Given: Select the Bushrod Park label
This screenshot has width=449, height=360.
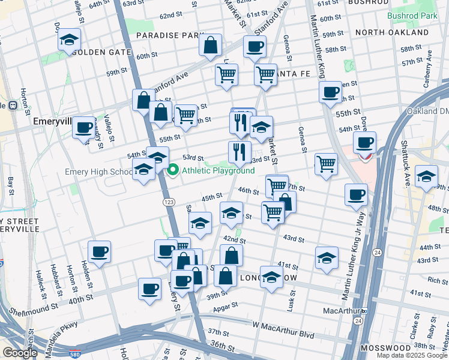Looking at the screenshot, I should [412, 14].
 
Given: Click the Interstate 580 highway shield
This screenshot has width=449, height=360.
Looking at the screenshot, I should [75, 355].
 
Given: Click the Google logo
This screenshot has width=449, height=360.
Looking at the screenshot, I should [20, 353].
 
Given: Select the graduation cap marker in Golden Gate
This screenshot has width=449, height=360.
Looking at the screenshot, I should [70, 40].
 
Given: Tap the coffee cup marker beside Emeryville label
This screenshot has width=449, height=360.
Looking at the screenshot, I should [83, 127].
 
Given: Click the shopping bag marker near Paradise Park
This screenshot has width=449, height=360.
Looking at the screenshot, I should [210, 45].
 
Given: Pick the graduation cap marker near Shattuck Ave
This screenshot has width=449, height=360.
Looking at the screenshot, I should [426, 176].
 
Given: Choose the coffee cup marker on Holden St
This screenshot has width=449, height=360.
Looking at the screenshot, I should [99, 251].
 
